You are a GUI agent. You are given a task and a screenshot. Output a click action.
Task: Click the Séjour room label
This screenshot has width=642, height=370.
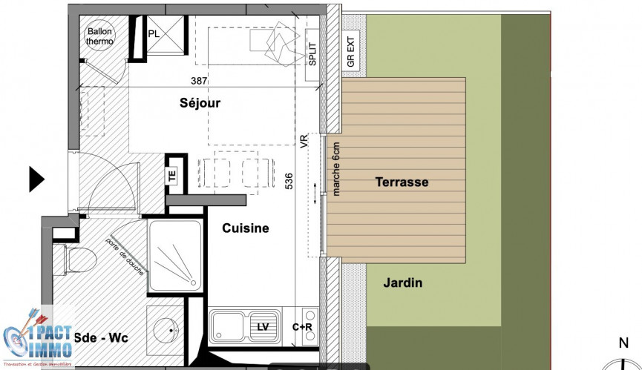coord(200,103)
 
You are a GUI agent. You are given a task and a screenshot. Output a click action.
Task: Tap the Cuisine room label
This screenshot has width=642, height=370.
coord(246,228)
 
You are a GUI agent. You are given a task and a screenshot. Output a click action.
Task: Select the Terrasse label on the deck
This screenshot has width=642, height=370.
coord(402,182)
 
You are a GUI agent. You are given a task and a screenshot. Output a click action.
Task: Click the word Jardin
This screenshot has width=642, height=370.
coord(403,283)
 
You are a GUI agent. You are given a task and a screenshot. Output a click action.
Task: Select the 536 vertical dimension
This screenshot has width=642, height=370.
coord(289,182)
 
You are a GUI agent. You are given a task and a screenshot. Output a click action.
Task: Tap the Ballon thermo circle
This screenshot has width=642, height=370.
coord(100,36)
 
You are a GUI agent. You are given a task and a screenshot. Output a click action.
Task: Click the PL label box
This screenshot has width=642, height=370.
coord(154,33)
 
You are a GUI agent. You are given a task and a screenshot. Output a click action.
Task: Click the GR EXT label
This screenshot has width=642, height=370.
coord(351,51)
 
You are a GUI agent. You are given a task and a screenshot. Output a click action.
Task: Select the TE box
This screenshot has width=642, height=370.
coord(171,175)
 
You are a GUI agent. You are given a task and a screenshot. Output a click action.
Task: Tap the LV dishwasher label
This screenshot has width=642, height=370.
coord(263,326)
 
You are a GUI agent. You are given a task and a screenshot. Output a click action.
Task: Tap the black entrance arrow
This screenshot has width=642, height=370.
coord(36,179)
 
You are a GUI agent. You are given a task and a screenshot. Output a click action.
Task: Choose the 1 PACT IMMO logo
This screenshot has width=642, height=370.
coord(37,337)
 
